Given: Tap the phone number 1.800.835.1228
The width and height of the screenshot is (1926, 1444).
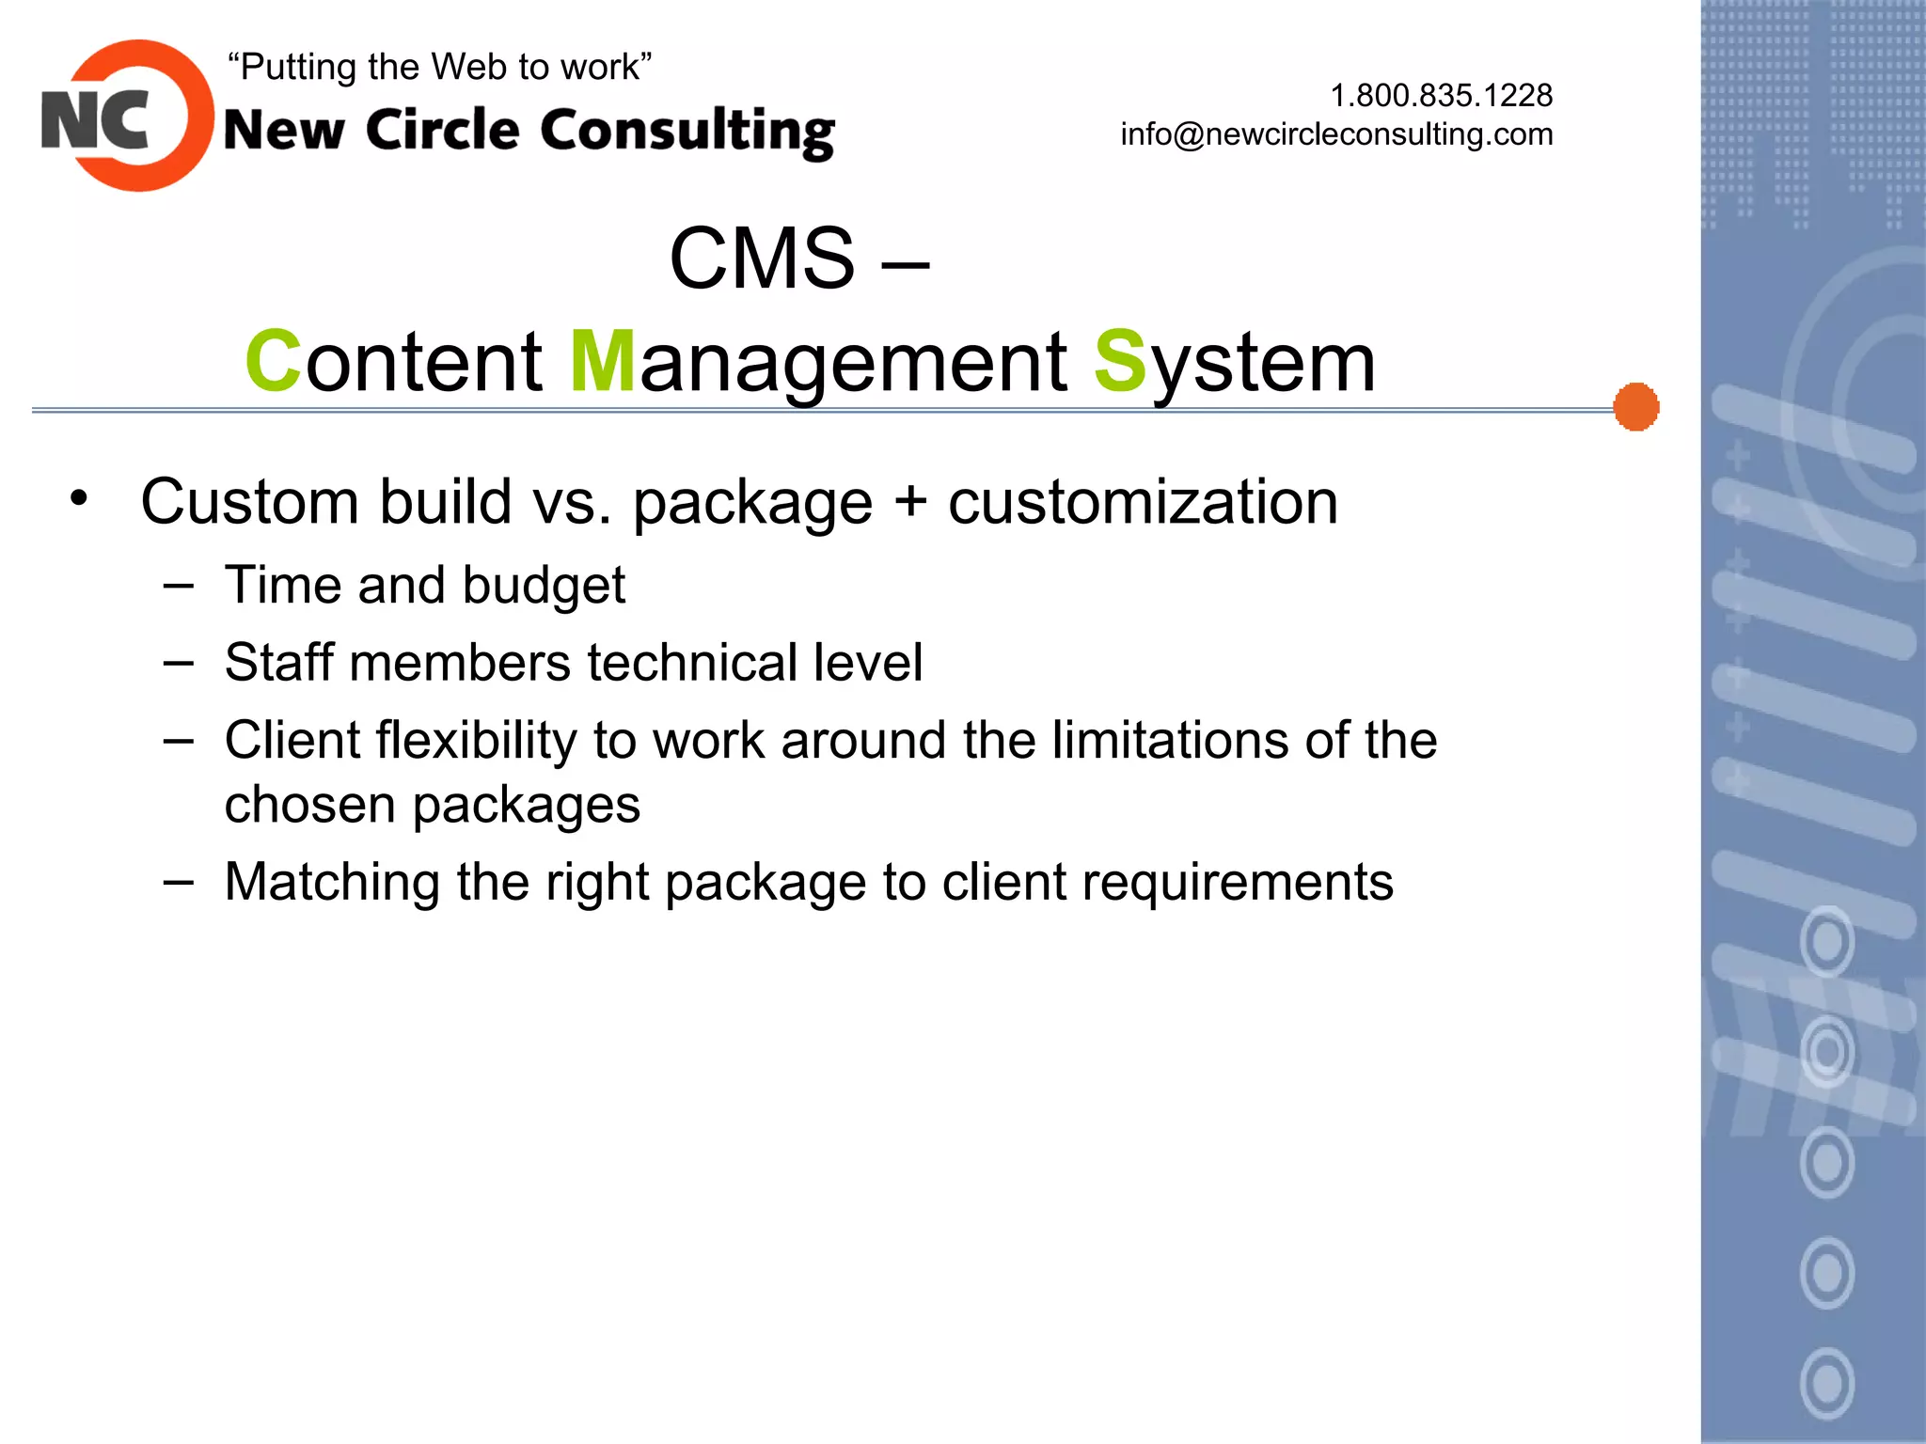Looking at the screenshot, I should [1441, 95].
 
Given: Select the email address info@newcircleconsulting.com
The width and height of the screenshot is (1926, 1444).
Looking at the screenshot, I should [1336, 134].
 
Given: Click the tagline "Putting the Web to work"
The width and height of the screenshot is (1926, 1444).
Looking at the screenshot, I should [439, 67].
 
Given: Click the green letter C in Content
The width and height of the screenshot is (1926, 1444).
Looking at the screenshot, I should [273, 361].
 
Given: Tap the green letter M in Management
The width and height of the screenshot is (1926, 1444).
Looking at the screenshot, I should [603, 361].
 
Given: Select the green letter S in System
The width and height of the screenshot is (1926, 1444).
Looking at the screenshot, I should [1120, 361].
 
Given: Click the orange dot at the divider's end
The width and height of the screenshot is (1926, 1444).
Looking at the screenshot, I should [1635, 407].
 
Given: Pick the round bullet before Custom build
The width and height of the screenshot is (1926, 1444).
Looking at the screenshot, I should [79, 497].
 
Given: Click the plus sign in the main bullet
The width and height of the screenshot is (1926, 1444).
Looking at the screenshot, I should [909, 500].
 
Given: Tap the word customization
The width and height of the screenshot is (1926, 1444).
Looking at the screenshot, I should [1143, 502].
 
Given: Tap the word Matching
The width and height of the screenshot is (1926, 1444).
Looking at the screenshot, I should [332, 883].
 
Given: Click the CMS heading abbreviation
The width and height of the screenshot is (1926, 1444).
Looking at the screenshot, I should [762, 259].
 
